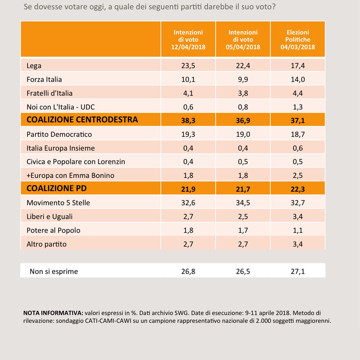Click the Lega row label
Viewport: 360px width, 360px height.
click(34, 66)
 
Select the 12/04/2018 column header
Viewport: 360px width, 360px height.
click(188, 40)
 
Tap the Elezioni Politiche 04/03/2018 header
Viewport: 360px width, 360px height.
click(297, 40)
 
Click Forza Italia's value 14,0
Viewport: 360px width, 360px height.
click(298, 80)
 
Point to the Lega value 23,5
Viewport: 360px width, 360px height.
click(188, 66)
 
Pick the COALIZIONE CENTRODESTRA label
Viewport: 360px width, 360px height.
click(82, 120)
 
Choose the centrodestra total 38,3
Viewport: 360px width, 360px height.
click(188, 120)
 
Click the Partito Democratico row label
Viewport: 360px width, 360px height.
click(59, 134)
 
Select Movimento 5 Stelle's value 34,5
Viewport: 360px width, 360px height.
click(243, 203)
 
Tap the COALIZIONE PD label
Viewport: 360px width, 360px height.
click(57, 188)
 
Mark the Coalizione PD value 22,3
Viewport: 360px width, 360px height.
click(298, 189)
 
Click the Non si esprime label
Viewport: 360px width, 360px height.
click(54, 271)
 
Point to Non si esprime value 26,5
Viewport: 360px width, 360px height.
click(243, 271)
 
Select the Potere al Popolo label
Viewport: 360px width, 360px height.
click(54, 230)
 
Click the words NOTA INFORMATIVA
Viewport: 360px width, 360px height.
click(53, 313)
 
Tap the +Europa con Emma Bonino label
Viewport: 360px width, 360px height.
click(71, 175)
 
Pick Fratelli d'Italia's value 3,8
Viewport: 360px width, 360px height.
click(243, 93)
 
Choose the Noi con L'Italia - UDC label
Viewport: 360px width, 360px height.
click(61, 107)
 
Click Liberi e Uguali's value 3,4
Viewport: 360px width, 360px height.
click(298, 216)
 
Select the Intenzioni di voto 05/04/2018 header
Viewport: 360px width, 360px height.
click(243, 40)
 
